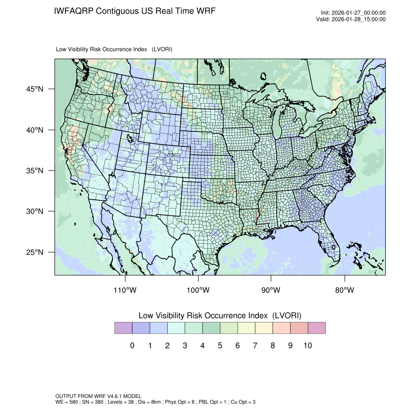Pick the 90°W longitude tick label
(271, 290)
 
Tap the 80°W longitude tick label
(345, 290)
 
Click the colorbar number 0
(132, 346)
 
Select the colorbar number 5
(220, 346)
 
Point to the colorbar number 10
(308, 346)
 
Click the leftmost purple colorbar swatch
(123, 328)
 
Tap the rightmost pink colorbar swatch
(317, 328)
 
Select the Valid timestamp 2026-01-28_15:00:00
(360, 19)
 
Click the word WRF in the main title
(204, 11)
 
